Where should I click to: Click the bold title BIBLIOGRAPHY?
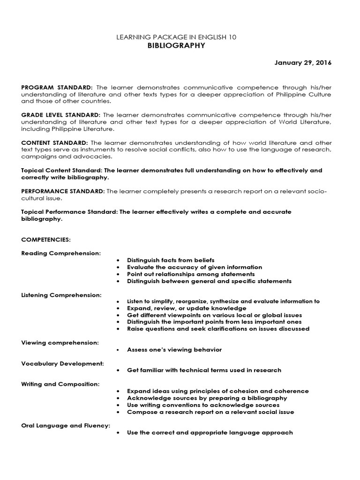tap(176, 45)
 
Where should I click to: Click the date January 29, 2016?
tap(303, 63)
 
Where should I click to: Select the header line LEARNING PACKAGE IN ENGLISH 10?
tap(176, 37)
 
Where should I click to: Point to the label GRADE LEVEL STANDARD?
tap(61, 115)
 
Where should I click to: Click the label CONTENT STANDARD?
tap(55, 142)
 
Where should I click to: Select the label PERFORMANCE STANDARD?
tap(63, 191)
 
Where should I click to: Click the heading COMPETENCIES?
tap(46, 240)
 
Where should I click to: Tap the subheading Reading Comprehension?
tap(61, 253)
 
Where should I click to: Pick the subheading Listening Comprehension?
tap(61, 294)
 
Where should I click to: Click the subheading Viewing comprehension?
tap(60, 343)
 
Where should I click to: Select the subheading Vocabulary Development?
tap(62, 363)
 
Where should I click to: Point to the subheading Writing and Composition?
tap(60, 384)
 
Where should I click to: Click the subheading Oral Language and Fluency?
tap(66, 425)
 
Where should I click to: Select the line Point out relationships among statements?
tap(191, 274)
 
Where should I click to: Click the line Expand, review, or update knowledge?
tap(187, 308)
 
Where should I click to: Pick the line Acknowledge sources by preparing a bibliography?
tap(207, 398)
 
